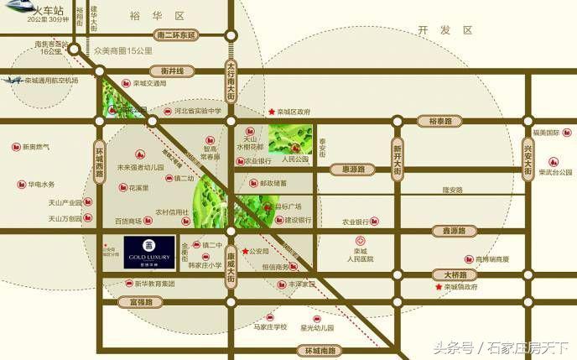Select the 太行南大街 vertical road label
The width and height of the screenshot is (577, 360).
coord(232,80)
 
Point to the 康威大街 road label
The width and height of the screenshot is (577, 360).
coord(231,262)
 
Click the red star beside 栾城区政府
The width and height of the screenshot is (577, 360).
coord(271,112)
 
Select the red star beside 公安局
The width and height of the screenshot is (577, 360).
coord(244,251)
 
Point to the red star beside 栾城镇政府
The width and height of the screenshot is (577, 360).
coord(439,288)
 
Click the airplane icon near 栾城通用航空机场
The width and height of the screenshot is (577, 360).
coord(12,81)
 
